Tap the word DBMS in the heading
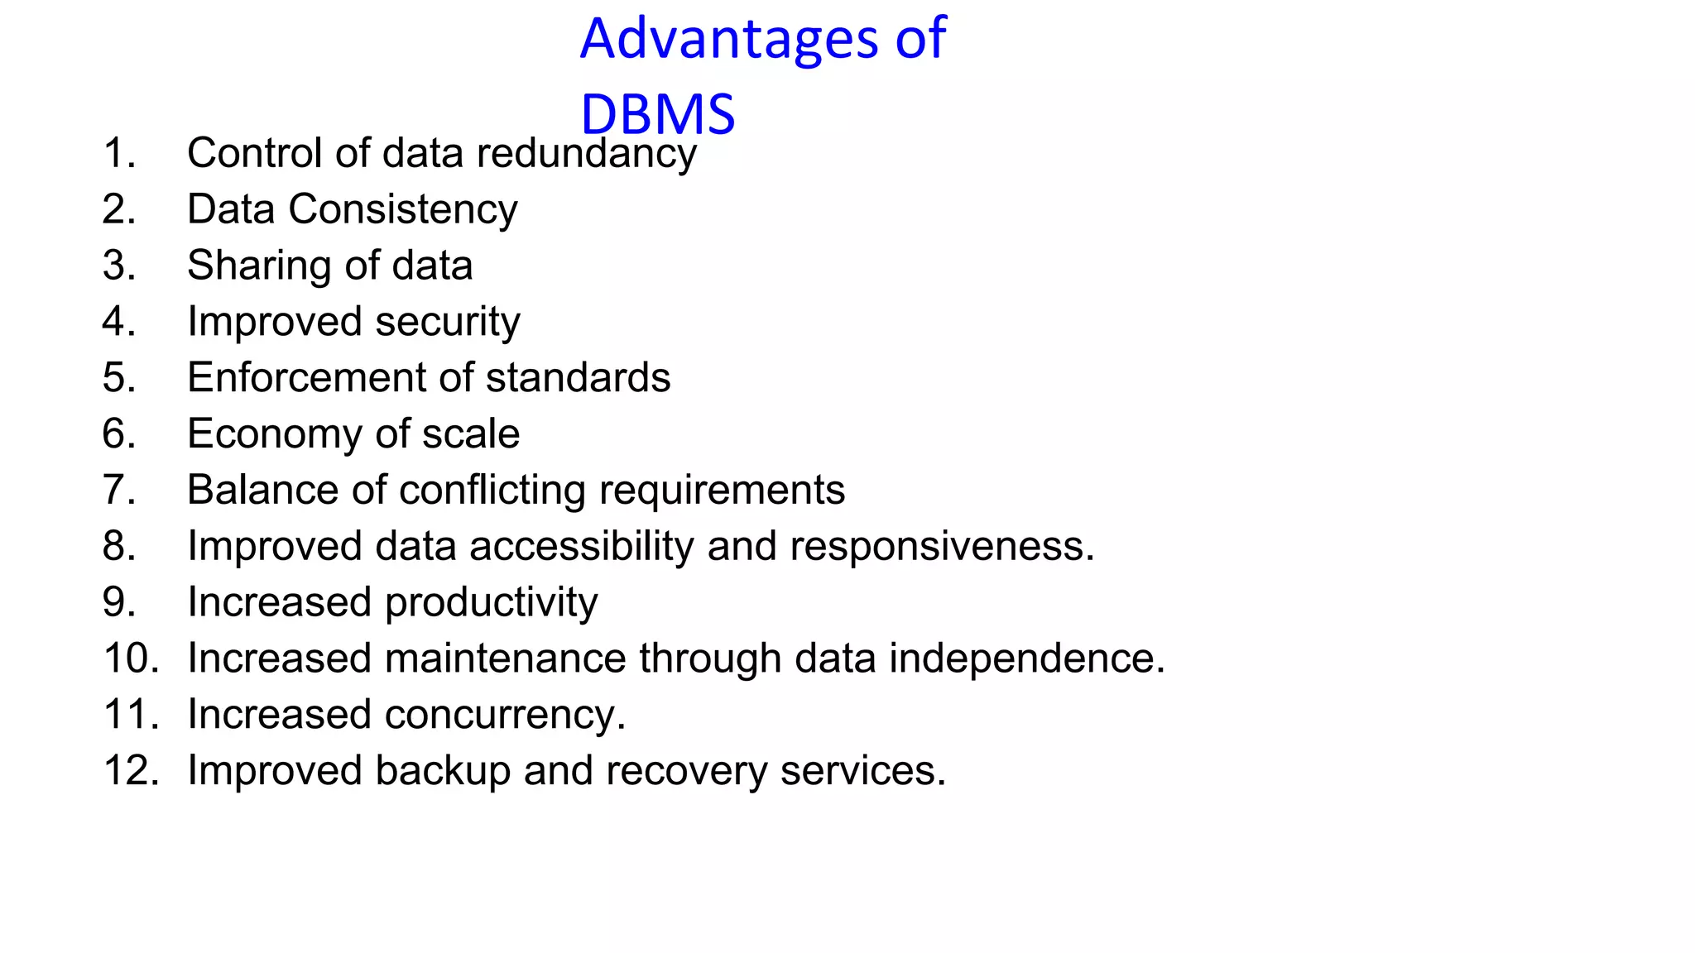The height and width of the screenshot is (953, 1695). pos(657,114)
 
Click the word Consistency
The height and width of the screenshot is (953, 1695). pos(402,210)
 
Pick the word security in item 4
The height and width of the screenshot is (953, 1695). pos(448,323)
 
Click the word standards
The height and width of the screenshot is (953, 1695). pos(578,378)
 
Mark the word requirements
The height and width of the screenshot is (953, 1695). pos(722,491)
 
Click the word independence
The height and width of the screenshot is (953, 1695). pos(1026,659)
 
